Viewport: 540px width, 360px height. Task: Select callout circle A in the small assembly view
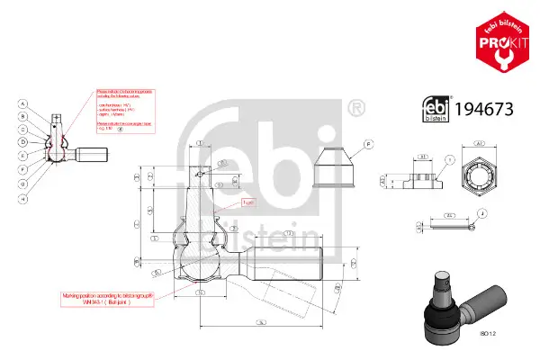[x=22, y=103]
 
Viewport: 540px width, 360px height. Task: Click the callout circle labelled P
[x=368, y=145]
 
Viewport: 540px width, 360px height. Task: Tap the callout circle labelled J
[x=483, y=213]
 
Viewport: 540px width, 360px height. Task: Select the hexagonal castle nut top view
[x=480, y=169]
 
